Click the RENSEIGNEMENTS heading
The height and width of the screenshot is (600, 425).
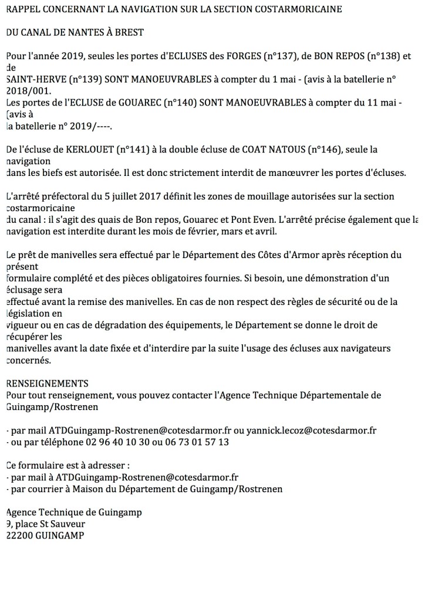(46, 384)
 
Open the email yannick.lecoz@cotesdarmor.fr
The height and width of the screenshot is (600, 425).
(311, 430)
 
